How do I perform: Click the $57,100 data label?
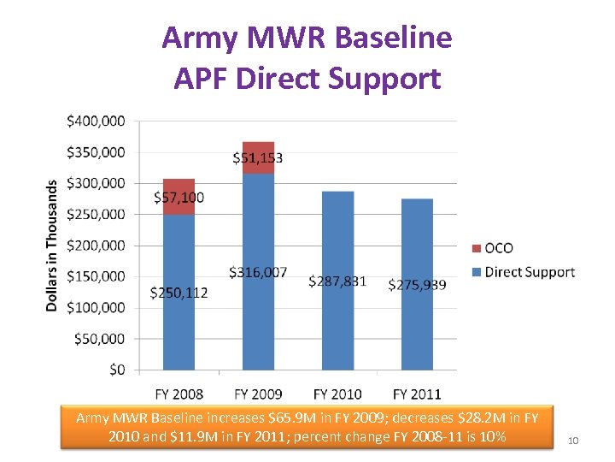click(179, 198)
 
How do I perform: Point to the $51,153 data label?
click(258, 157)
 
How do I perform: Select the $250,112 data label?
click(179, 293)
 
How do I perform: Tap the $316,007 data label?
click(258, 272)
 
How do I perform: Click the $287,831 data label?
click(337, 281)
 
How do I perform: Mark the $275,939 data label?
click(417, 284)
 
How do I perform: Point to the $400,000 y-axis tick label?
click(95, 121)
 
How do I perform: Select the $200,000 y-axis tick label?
click(95, 246)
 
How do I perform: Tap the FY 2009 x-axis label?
click(258, 394)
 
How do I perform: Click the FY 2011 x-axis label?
click(417, 394)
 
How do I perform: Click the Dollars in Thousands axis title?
click(52, 245)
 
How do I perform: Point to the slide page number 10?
click(573, 441)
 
